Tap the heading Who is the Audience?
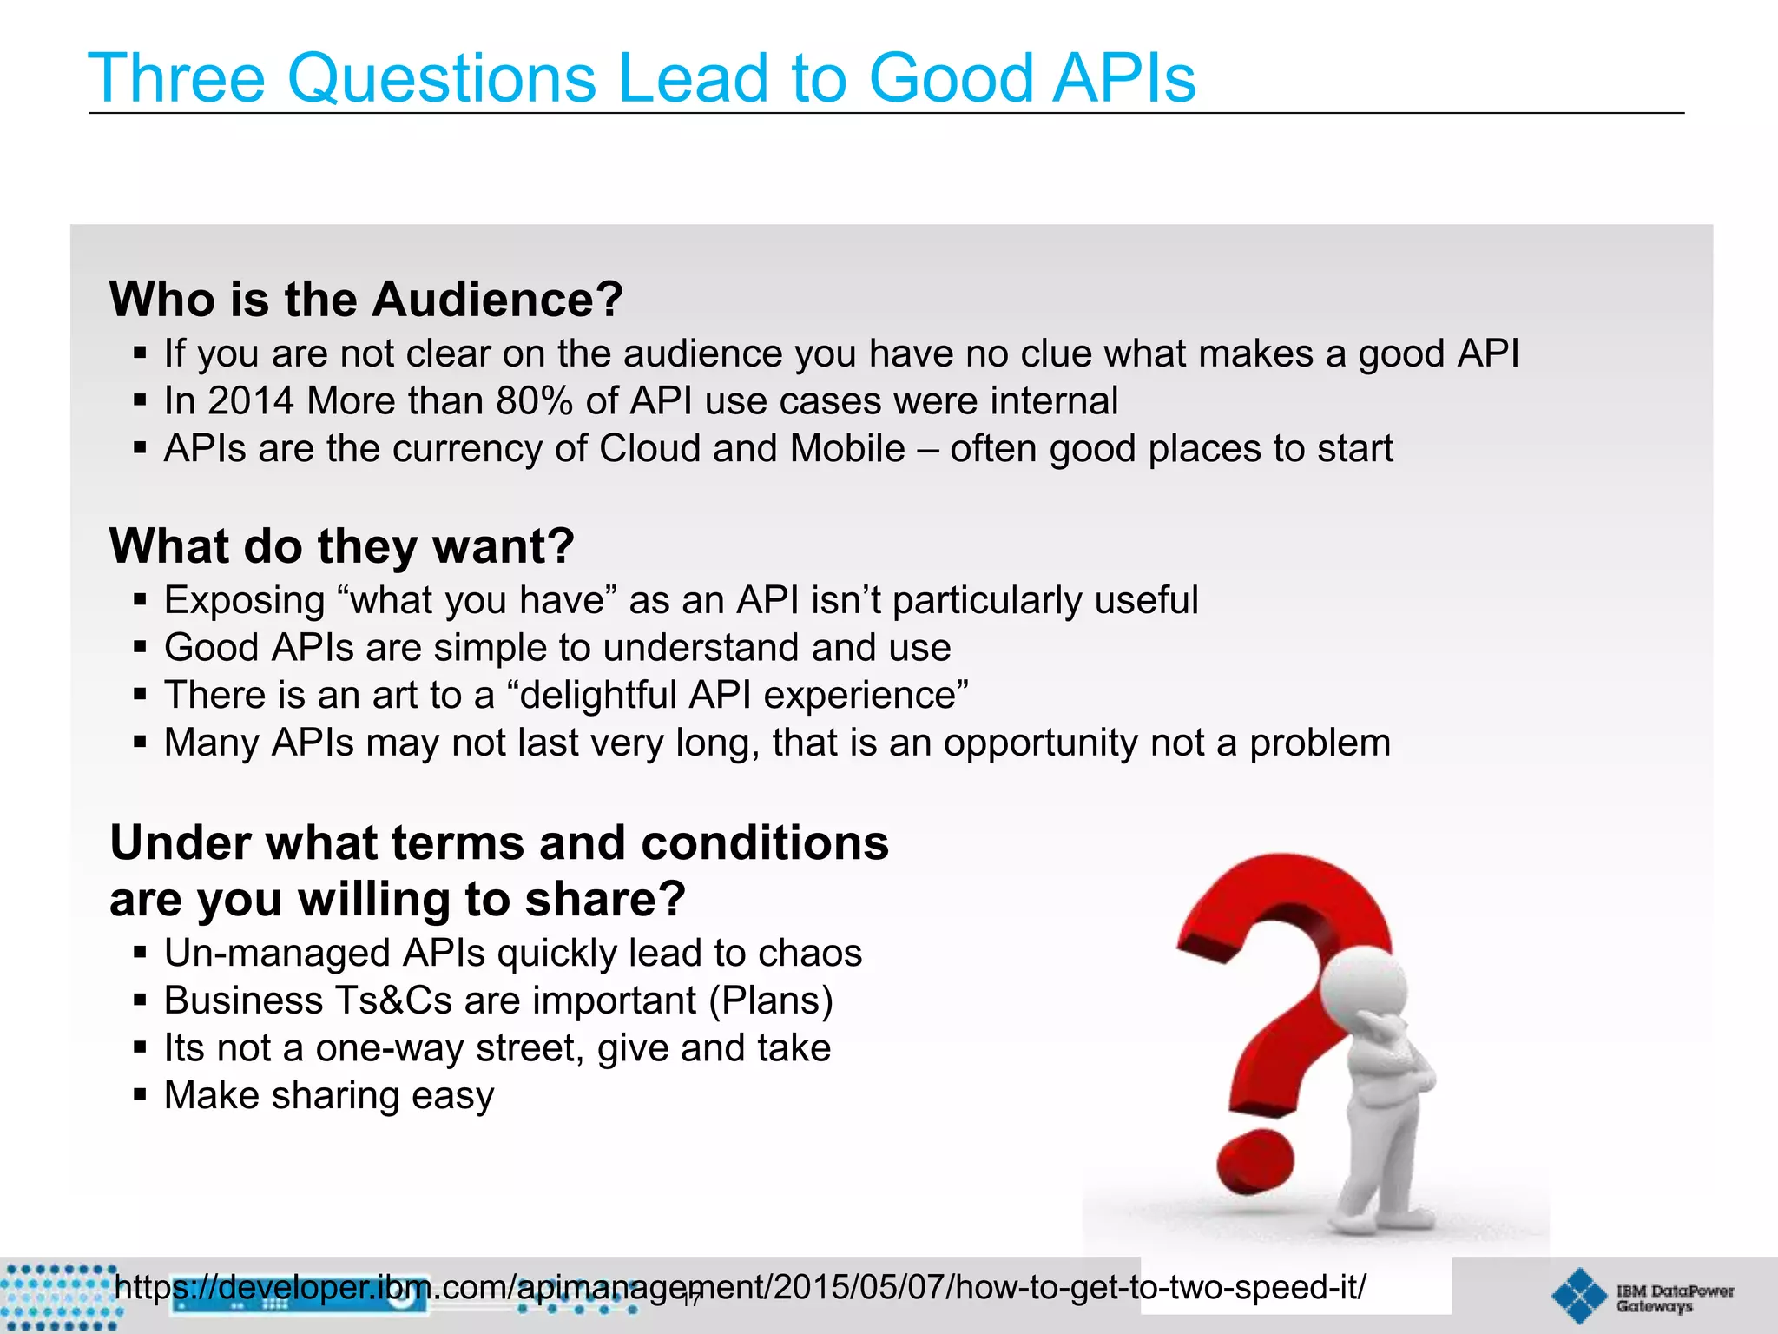coord(365,300)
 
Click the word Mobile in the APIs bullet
coord(847,449)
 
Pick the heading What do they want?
coord(341,546)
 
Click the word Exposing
coord(244,601)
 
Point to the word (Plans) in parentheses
coord(771,1000)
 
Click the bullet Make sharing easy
coord(329,1095)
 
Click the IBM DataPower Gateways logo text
coord(1673,1298)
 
